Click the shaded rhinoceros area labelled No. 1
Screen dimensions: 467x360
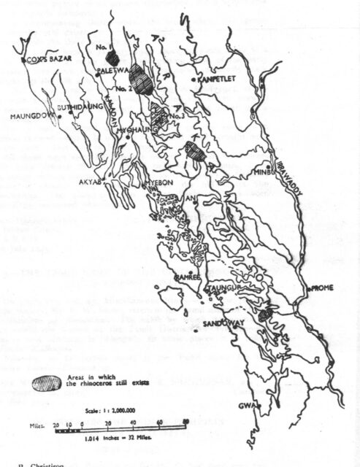click(x=112, y=55)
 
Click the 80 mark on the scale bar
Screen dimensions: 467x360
click(x=186, y=421)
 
